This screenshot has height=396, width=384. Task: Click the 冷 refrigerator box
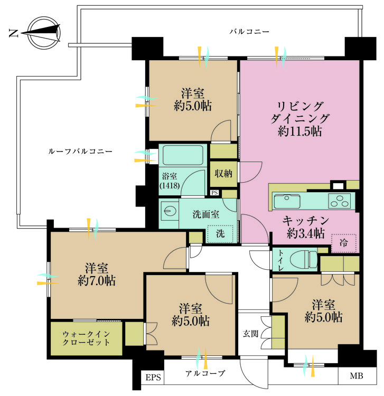[x=344, y=243]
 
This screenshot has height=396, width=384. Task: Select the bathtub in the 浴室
[x=182, y=155]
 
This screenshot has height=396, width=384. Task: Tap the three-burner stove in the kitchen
[x=340, y=201]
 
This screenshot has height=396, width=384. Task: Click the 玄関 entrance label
[x=250, y=333]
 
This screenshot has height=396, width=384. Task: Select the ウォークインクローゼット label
[x=86, y=338]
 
